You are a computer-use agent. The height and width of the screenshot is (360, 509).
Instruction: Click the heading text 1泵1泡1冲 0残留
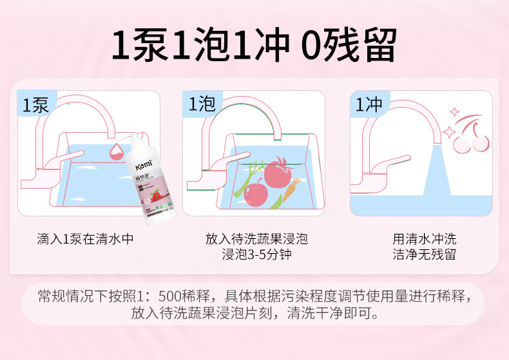tap(254, 44)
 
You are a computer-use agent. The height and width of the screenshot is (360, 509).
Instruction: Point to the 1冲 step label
tap(369, 104)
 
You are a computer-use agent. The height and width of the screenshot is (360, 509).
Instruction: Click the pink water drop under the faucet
tap(118, 150)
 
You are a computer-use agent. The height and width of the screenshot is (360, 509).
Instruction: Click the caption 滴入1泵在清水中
tap(86, 239)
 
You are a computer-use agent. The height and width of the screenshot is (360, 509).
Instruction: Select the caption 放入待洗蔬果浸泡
tap(256, 239)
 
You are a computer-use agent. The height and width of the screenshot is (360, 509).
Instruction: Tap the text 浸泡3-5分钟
tap(256, 254)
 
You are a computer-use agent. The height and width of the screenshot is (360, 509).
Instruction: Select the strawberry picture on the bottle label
tap(154, 195)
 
